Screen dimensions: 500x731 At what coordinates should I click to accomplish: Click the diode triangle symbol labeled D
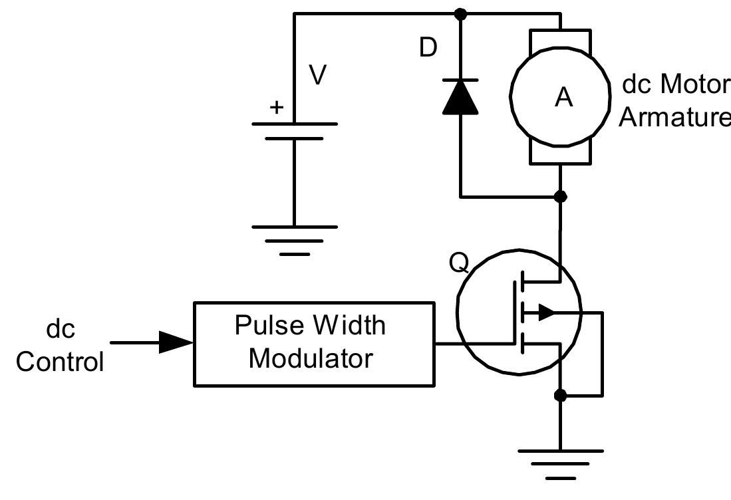tap(460, 97)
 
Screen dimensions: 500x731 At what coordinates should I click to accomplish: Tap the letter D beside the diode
tap(428, 48)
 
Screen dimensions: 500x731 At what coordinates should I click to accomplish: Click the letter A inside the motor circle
tap(563, 98)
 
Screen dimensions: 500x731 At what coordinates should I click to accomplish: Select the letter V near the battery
tap(318, 76)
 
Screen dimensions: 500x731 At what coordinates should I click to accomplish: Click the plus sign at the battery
tap(275, 107)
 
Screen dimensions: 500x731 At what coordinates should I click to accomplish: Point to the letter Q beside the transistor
tap(459, 263)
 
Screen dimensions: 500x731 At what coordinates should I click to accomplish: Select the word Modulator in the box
tap(311, 359)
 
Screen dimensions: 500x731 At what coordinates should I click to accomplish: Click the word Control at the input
tap(60, 362)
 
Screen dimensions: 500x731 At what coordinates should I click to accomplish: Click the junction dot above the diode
tap(460, 13)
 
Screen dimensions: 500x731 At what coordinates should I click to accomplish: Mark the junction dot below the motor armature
tap(560, 197)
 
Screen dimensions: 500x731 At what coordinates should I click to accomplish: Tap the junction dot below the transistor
tap(560, 396)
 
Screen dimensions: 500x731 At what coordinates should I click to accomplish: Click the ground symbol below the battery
tap(294, 239)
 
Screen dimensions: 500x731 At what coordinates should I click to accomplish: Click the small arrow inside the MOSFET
tap(546, 311)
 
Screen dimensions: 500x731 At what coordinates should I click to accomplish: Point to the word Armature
tap(673, 117)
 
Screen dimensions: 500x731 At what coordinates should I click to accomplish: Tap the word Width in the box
tap(349, 326)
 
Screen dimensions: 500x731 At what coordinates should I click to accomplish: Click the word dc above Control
tap(60, 329)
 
